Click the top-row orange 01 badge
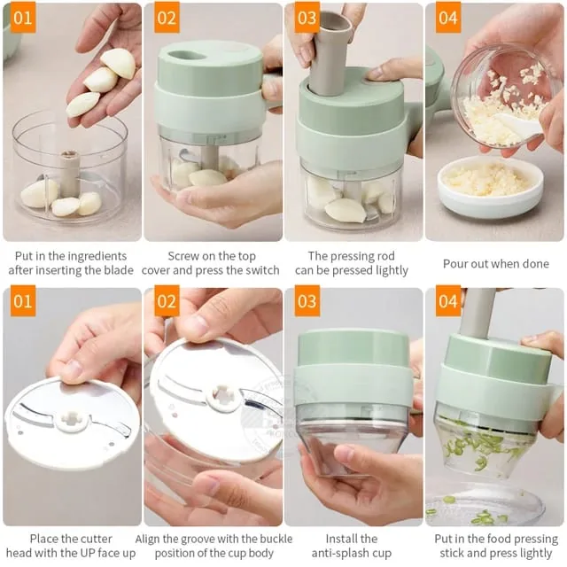[23, 18]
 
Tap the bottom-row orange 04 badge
[448, 301]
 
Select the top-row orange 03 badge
[307, 18]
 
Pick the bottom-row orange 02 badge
[167, 301]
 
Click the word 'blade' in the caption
[117, 270]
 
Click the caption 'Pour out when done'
[496, 264]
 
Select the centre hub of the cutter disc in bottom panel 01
[71, 419]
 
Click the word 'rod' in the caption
[384, 256]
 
